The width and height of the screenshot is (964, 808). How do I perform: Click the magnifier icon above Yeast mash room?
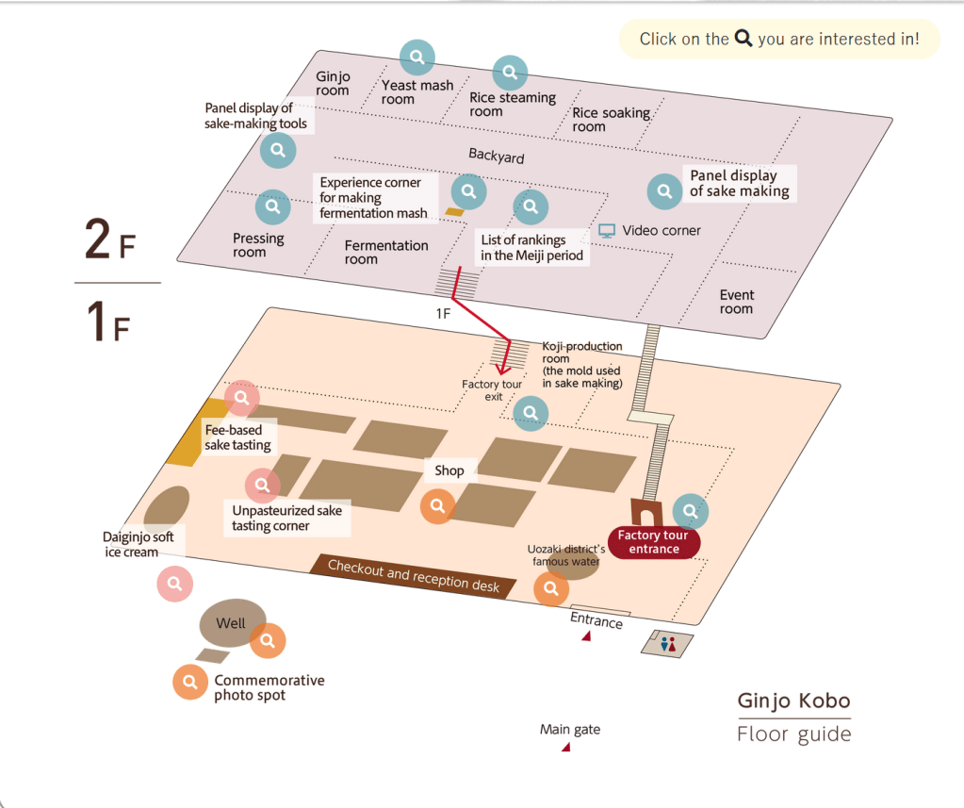(x=417, y=58)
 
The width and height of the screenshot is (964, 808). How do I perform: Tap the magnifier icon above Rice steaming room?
(x=510, y=73)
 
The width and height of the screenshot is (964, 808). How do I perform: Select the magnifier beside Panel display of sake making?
(x=664, y=191)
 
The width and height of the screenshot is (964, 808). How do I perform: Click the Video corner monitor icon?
(x=607, y=231)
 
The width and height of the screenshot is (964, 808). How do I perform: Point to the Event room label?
(x=737, y=302)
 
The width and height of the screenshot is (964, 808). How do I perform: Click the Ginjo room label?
(x=333, y=83)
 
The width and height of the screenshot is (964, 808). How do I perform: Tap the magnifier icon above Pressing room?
(x=273, y=206)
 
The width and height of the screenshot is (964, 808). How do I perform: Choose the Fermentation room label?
(x=386, y=252)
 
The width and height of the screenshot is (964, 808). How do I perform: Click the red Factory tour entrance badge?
(x=654, y=542)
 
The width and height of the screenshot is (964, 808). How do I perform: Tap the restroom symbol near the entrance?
(x=668, y=644)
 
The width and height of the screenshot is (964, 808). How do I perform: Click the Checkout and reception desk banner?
(x=413, y=576)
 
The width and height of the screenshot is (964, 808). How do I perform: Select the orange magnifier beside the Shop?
(x=438, y=506)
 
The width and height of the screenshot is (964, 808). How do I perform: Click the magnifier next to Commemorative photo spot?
(x=190, y=682)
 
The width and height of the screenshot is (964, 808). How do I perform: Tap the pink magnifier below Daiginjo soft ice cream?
(x=174, y=584)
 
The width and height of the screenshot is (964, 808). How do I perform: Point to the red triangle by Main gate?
(x=566, y=747)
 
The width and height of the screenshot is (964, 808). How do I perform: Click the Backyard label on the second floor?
(x=497, y=157)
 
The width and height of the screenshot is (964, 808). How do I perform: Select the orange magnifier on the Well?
(x=268, y=641)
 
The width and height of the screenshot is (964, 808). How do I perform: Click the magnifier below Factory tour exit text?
(x=531, y=413)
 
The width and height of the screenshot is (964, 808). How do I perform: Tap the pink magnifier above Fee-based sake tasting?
(x=241, y=398)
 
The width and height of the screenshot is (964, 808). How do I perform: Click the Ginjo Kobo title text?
(x=793, y=701)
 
